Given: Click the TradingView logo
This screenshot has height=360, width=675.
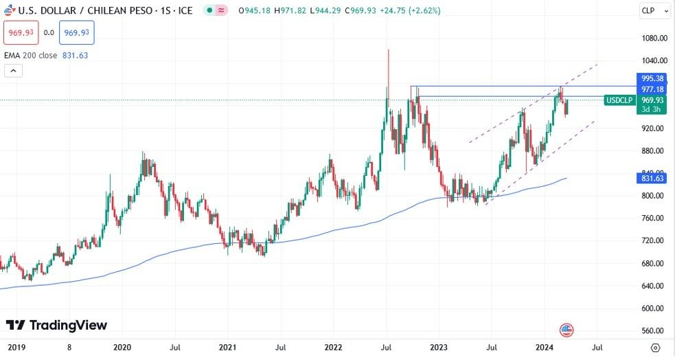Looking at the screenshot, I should point(56,325).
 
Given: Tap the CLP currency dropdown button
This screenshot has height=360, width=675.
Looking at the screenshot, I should point(649,10).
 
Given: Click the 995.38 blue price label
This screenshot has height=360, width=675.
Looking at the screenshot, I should point(652,78).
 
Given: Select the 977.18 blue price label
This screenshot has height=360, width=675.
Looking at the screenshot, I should point(652,89).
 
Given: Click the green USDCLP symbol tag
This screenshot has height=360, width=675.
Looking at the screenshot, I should point(619,100).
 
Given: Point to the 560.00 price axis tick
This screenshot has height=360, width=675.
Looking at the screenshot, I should point(652,330).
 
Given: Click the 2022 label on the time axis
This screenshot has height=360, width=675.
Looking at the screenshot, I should point(334,348).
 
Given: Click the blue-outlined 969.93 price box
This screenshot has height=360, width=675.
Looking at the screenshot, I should point(76,32).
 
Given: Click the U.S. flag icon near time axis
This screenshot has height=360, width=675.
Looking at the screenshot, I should point(567,330).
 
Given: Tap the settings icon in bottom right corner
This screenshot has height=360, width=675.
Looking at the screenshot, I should point(656,348).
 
